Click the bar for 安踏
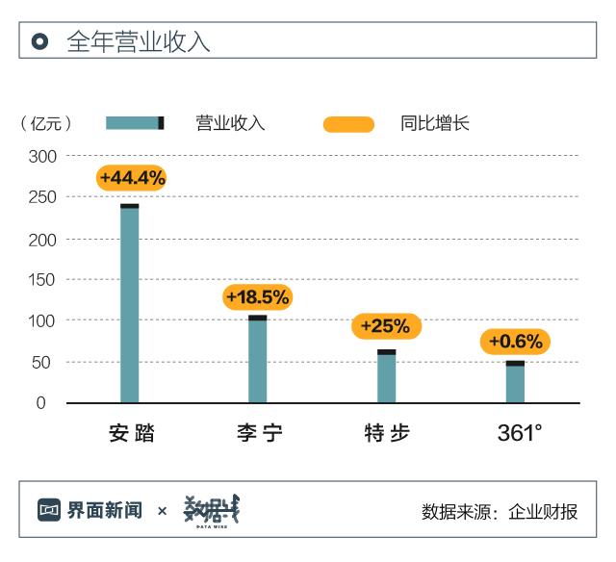129,303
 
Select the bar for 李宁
257,359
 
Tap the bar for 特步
386,376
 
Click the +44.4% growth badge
132,178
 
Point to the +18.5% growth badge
257,297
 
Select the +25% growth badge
385,326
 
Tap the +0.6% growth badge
515,342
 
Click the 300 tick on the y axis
45,156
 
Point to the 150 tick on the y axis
45,279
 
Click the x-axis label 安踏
132,433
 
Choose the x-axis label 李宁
259,433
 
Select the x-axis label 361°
519,433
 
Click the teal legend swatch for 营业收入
135,122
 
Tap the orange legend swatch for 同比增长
348,123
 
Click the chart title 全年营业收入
139,41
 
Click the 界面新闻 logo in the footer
90,510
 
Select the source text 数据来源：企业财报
500,511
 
